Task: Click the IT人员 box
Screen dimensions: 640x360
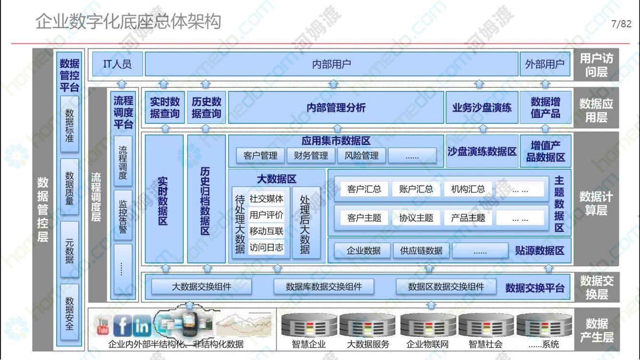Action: pyautogui.click(x=118, y=64)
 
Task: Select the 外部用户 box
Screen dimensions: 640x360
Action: pyautogui.click(x=545, y=64)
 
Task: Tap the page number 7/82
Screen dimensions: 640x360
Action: pyautogui.click(x=621, y=24)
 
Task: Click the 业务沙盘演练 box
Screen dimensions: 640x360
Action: pyautogui.click(x=482, y=108)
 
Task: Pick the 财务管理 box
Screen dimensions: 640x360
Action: pyautogui.click(x=311, y=156)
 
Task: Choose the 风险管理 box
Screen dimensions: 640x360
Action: pyautogui.click(x=362, y=156)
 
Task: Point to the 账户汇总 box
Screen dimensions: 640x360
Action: pyautogui.click(x=416, y=189)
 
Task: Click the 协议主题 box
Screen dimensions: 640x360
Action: pyautogui.click(x=416, y=218)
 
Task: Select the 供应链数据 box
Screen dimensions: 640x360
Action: pyautogui.click(x=421, y=251)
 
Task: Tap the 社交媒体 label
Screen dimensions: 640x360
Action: pyautogui.click(x=266, y=199)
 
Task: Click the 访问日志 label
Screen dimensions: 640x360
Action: pyautogui.click(x=266, y=247)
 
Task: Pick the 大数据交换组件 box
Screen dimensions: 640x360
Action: pyautogui.click(x=202, y=287)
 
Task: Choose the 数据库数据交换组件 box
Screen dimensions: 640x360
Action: pyautogui.click(x=324, y=287)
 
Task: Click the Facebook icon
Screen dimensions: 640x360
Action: pyautogui.click(x=122, y=325)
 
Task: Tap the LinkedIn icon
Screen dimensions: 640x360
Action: pyautogui.click(x=142, y=326)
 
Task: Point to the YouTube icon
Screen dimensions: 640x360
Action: pyautogui.click(x=103, y=326)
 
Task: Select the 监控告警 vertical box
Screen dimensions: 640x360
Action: pyautogui.click(x=123, y=216)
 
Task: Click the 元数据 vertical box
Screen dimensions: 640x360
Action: pyautogui.click(x=70, y=250)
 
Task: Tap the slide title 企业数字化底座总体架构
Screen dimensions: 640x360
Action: pyautogui.click(x=128, y=22)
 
